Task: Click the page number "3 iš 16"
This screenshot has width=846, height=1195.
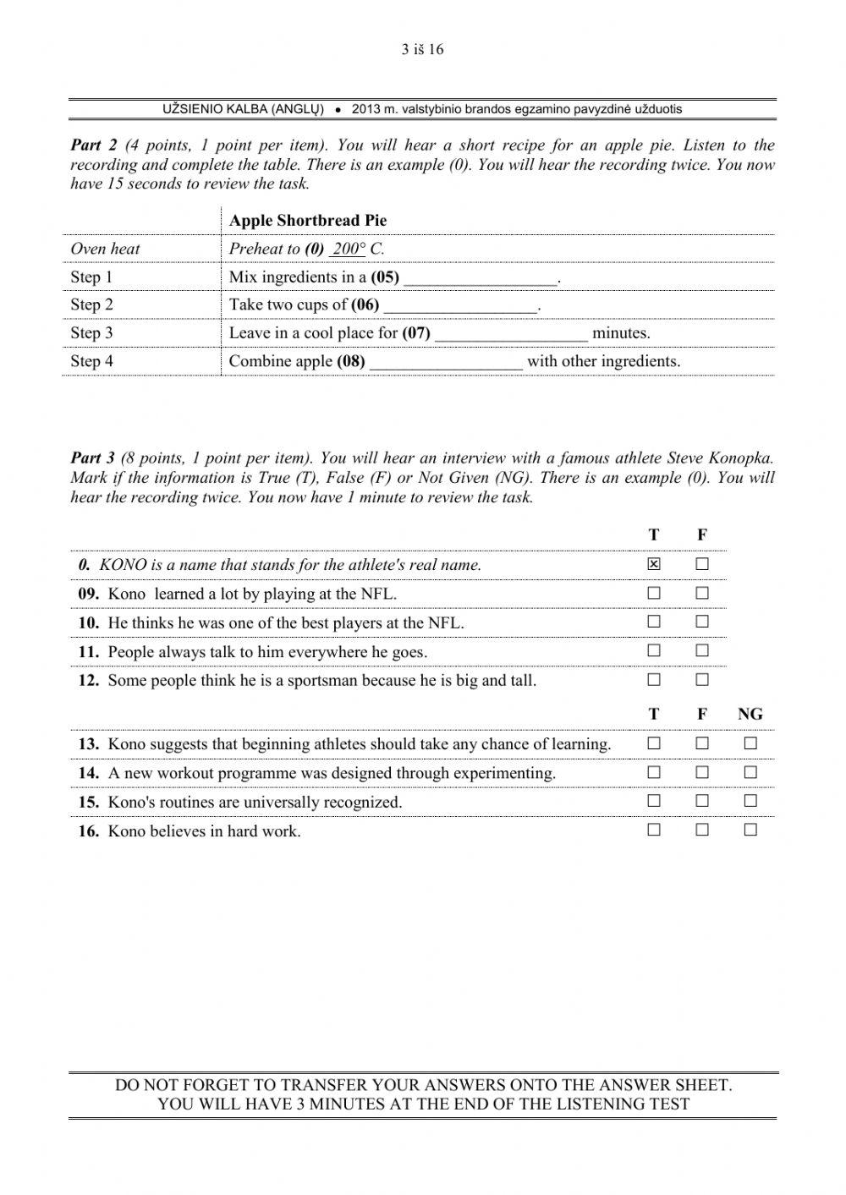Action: [x=422, y=49]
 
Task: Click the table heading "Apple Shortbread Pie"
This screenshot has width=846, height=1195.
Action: [x=308, y=221]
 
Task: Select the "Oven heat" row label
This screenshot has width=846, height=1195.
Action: [x=105, y=249]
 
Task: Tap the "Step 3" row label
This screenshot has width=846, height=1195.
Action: [x=91, y=333]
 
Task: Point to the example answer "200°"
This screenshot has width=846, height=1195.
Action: [x=348, y=249]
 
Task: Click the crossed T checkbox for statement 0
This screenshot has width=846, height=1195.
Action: [x=654, y=564]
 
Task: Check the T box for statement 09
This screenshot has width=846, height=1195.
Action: [x=654, y=594]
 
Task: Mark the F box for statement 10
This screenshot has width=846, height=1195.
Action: [x=702, y=622]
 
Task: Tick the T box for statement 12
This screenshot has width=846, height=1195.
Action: [x=654, y=680]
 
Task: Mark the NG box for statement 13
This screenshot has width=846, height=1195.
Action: [x=750, y=744]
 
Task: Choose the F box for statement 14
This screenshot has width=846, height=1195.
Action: [x=702, y=773]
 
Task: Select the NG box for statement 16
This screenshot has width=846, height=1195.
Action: [x=750, y=830]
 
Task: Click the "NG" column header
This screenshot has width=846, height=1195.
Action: [x=750, y=715]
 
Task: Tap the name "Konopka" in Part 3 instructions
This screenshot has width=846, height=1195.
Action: [x=742, y=458]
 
